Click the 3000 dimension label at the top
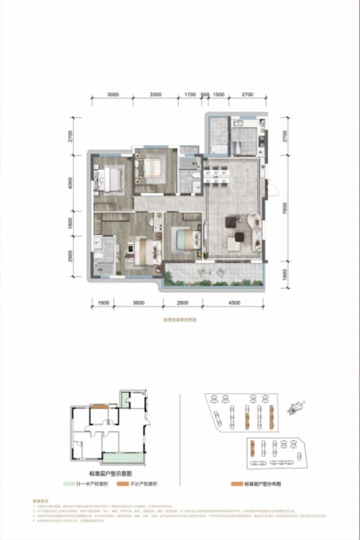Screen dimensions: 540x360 pos(113,94)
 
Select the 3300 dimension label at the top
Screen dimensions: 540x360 pos(156,94)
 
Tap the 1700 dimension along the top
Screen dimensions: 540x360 pos(190,94)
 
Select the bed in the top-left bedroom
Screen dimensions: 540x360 pos(108,179)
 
